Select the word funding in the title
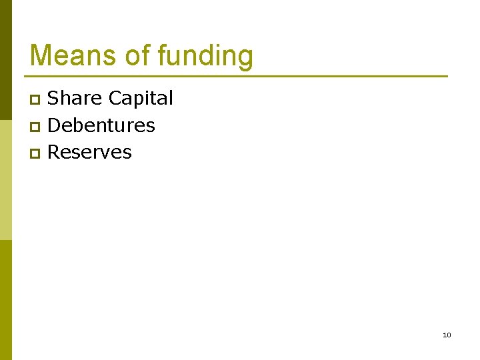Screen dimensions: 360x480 coord(205,56)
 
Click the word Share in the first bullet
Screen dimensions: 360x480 coord(75,98)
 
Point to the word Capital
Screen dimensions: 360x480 coord(141,99)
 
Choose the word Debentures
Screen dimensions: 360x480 coord(101,125)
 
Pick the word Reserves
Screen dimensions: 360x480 coord(90,152)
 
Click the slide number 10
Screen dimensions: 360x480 coord(447,335)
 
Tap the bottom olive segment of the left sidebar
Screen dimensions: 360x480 coord(5,300)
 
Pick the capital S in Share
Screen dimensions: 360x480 coord(54,99)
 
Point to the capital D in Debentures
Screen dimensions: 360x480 coord(55,125)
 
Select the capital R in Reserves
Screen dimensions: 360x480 coord(54,152)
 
